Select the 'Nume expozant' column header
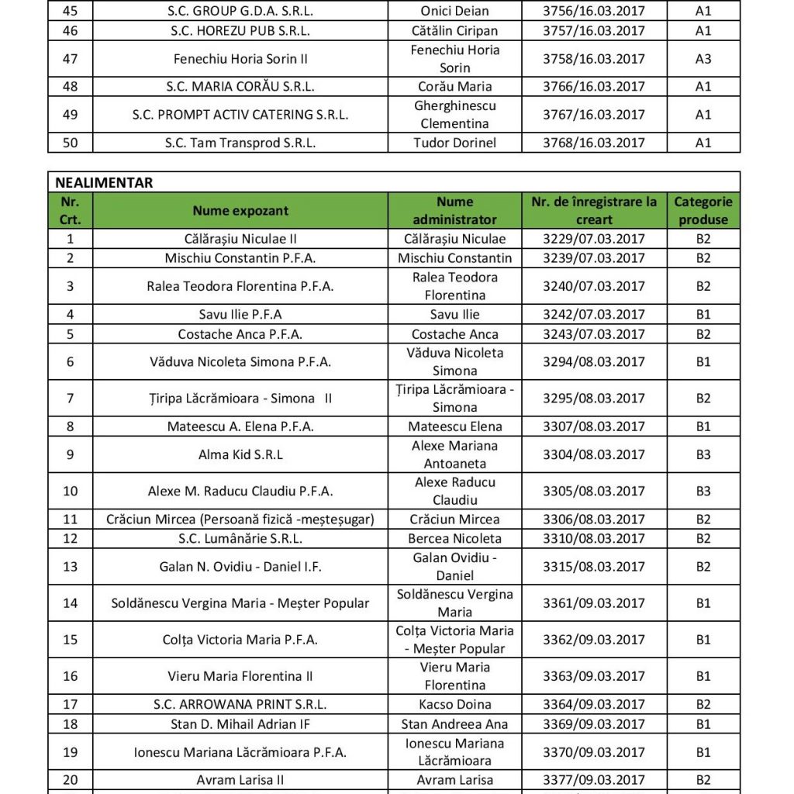(240, 210)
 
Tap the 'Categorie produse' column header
(703, 210)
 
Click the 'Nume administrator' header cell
(454, 210)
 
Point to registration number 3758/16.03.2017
(595, 59)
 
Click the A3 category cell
(703, 59)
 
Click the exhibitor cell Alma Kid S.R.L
(240, 454)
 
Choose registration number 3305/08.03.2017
(595, 491)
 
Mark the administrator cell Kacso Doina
(454, 705)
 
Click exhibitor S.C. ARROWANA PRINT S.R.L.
(240, 705)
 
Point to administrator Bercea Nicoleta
(454, 538)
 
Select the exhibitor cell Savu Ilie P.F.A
(240, 315)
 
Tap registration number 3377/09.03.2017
(595, 780)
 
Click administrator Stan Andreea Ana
(454, 724)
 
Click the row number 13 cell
(71, 567)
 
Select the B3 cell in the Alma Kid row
(703, 454)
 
